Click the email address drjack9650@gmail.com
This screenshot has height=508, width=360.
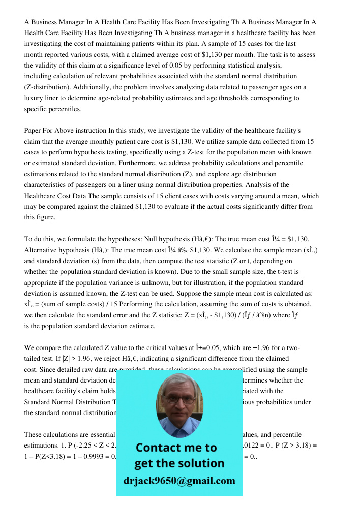click(x=179, y=481)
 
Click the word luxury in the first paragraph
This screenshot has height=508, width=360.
click(x=37, y=98)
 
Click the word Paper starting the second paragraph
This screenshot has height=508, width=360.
click(x=34, y=130)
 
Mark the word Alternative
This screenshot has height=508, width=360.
click(x=42, y=250)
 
